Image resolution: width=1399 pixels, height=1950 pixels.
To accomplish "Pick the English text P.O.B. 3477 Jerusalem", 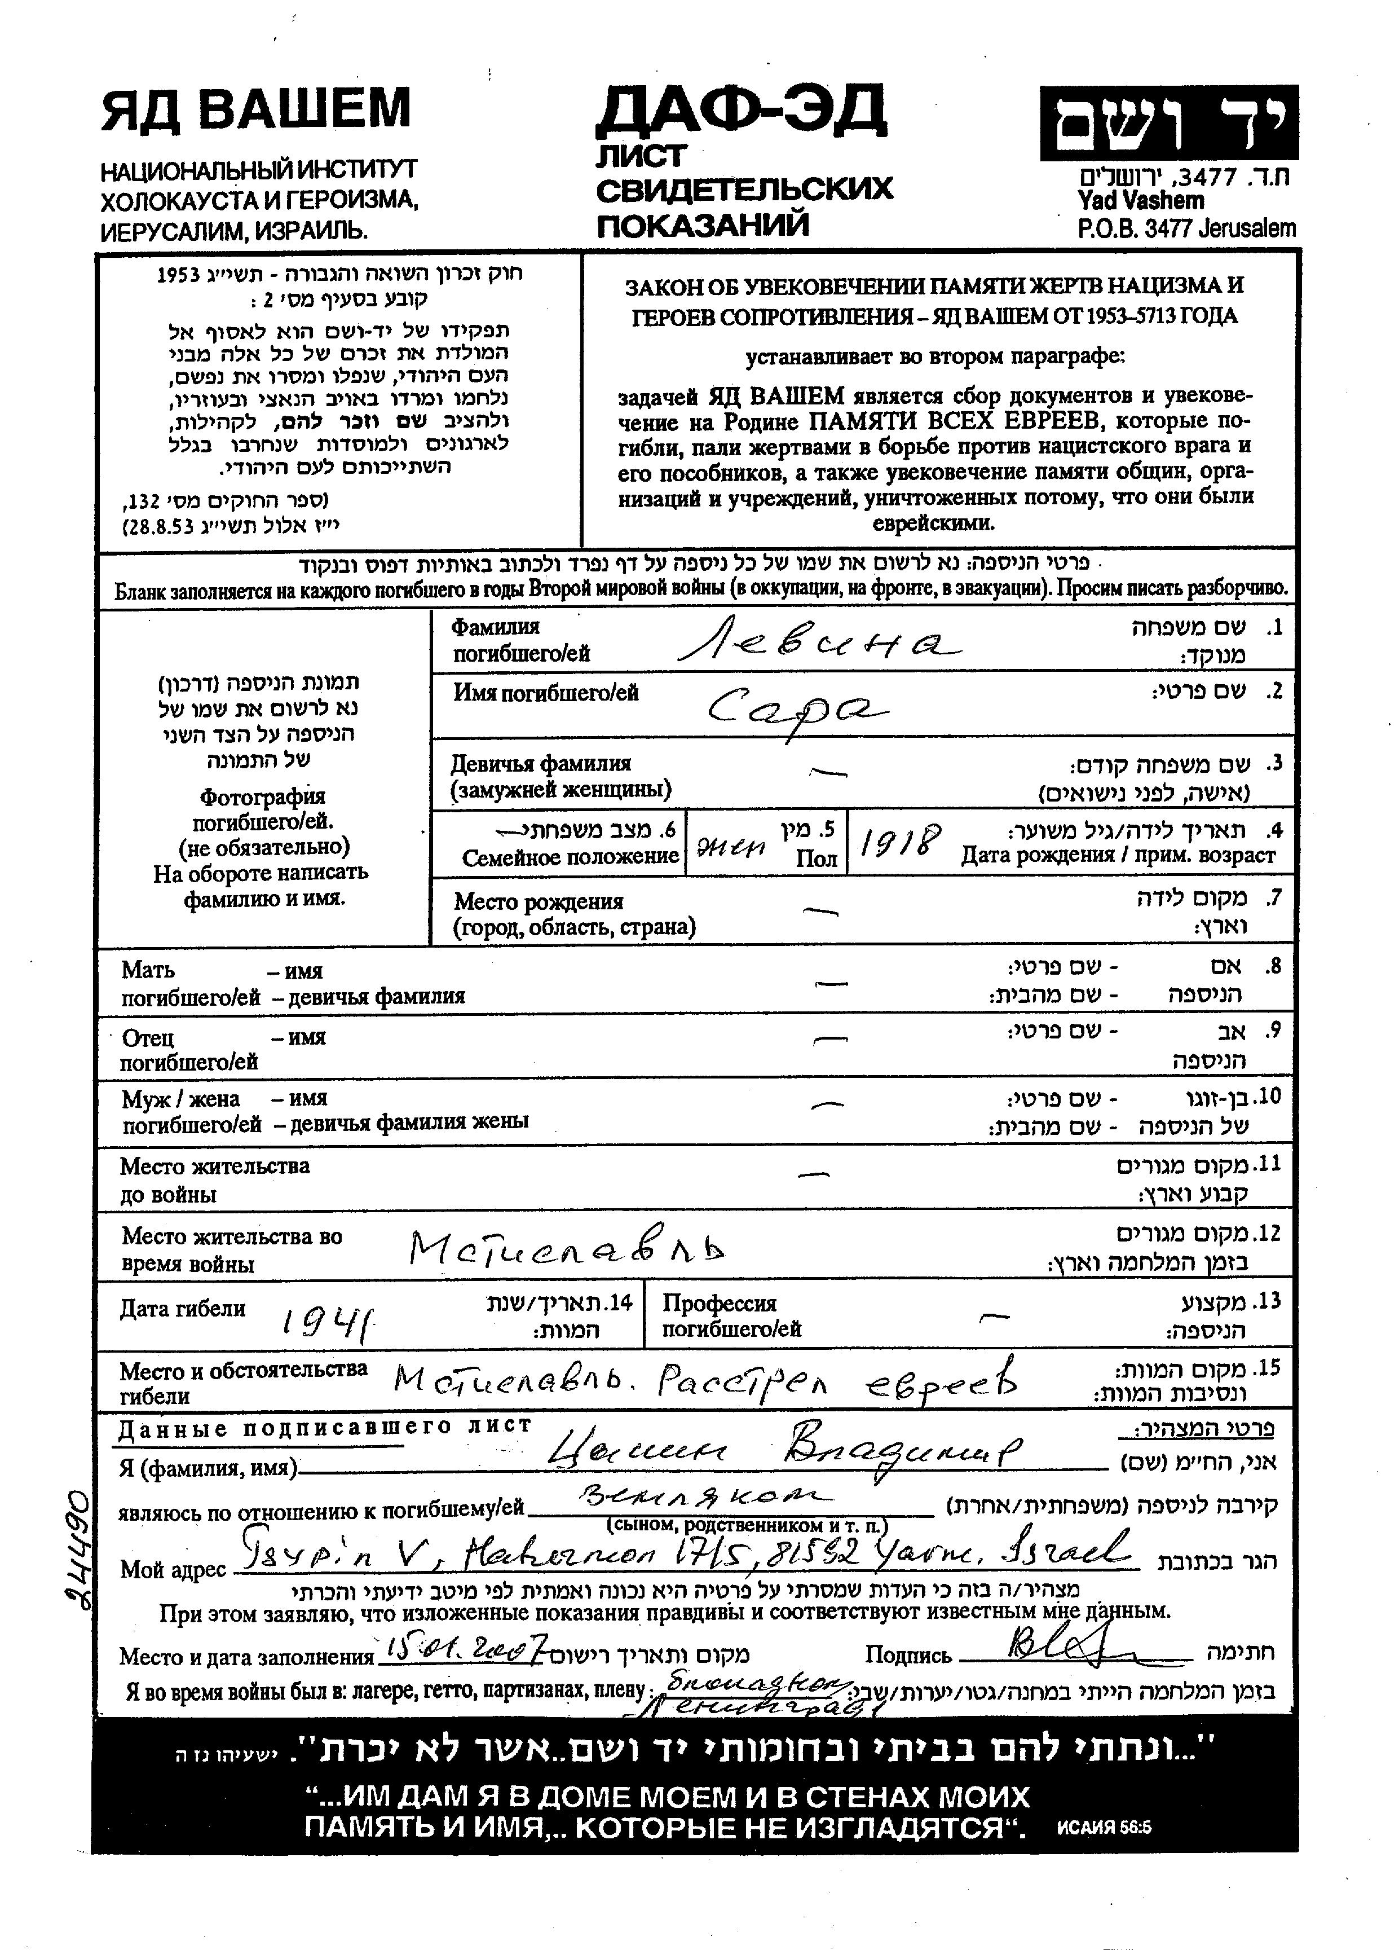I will pyautogui.click(x=1186, y=228).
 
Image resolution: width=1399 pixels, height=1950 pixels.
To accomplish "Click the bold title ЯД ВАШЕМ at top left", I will pyautogui.click(x=256, y=110).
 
